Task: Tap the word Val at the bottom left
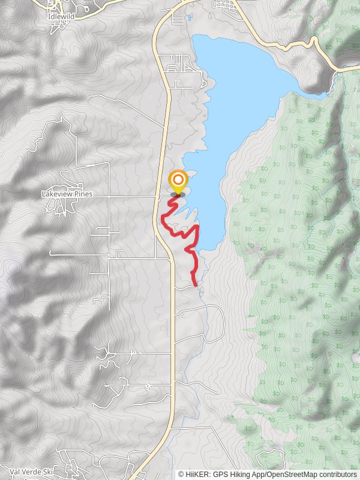tap(16, 472)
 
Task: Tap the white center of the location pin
tap(178, 179)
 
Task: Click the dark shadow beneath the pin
tap(178, 194)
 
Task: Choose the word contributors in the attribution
tap(337, 474)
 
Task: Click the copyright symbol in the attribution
tap(181, 474)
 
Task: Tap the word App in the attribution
tap(258, 474)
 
